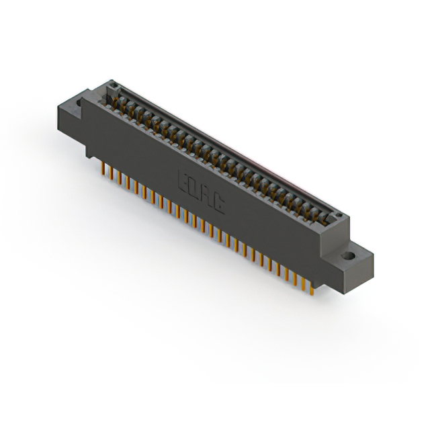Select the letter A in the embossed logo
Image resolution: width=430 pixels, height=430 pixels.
click(208, 193)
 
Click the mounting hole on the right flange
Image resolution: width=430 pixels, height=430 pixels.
click(349, 257)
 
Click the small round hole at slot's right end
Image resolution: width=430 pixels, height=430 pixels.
click(339, 216)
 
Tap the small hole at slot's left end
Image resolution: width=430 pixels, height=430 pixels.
click(114, 85)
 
